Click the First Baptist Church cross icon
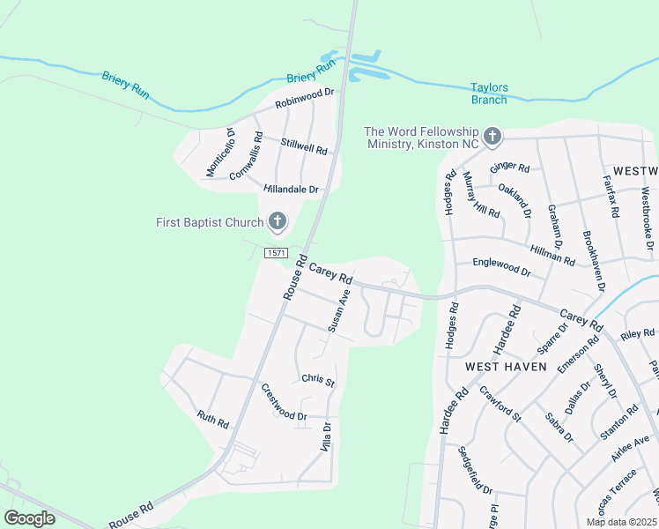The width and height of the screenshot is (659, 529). (x=278, y=221)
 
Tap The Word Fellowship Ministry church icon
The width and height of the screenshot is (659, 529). (x=492, y=136)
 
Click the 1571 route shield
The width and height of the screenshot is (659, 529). (x=276, y=253)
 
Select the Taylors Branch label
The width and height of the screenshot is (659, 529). (x=489, y=93)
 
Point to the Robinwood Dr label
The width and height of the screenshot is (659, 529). (x=306, y=98)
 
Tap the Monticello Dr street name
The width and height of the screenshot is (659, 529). (x=220, y=152)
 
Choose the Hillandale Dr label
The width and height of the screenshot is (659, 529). (x=291, y=190)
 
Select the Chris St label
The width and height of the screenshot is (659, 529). (x=318, y=380)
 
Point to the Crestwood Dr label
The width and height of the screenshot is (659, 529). (x=283, y=402)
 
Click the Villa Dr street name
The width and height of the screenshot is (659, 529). (x=326, y=437)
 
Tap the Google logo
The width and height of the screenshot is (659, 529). (x=29, y=518)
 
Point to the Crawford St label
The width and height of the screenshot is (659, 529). (x=500, y=402)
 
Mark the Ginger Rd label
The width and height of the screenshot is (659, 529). (x=509, y=167)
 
